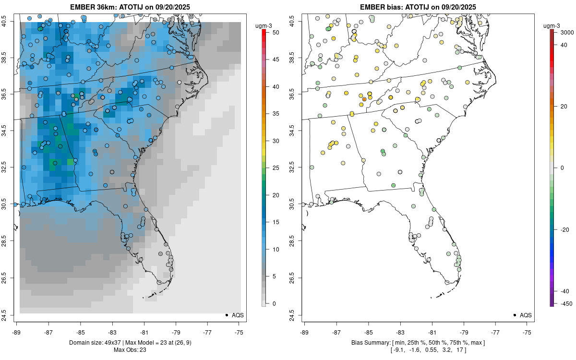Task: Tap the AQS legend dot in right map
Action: pyautogui.click(x=514, y=315)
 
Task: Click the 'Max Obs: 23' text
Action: pyautogui.click(x=130, y=349)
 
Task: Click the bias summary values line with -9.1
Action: pyautogui.click(x=418, y=350)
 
